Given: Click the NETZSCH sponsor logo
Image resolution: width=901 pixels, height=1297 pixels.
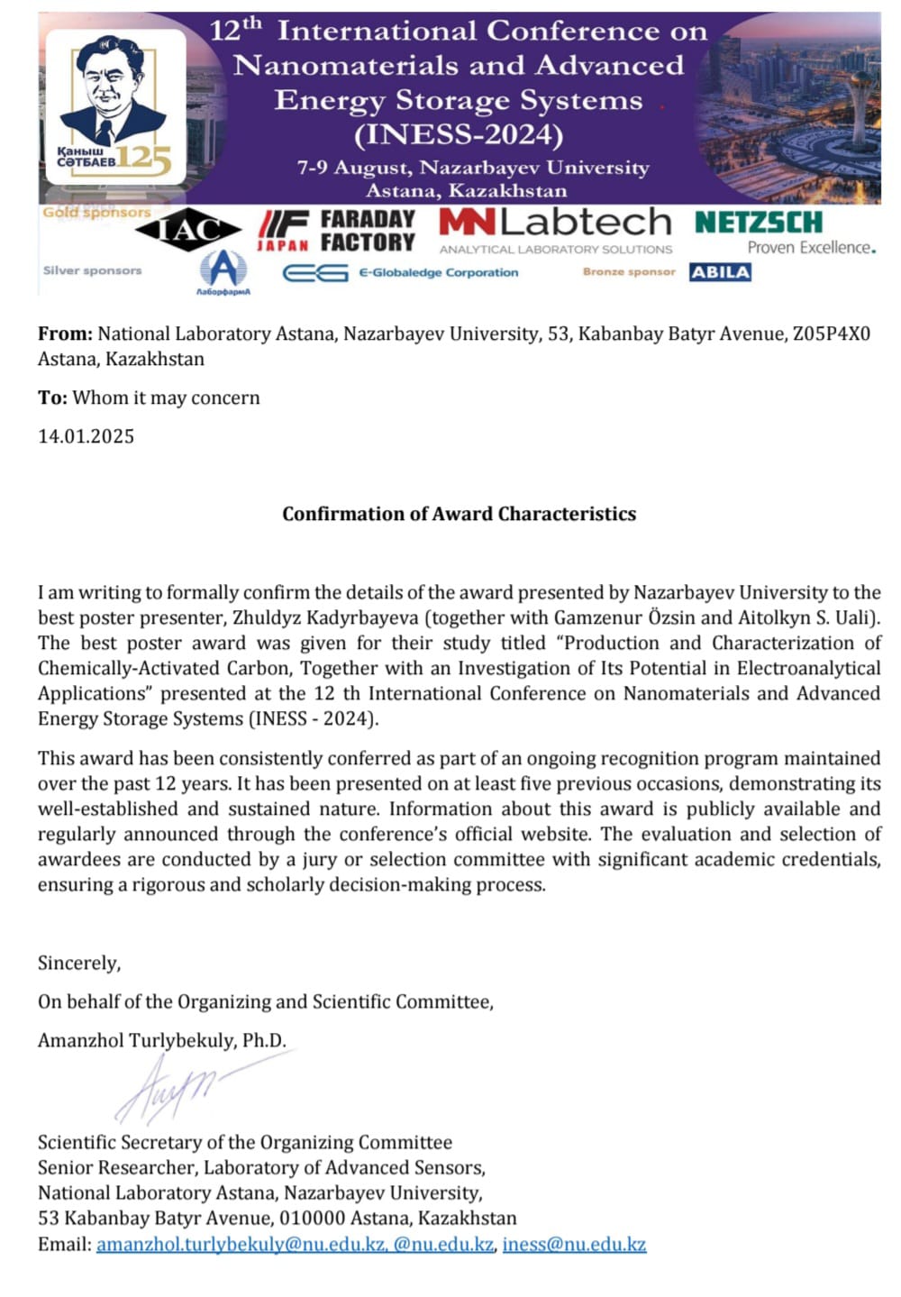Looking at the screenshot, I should pyautogui.click(x=759, y=223).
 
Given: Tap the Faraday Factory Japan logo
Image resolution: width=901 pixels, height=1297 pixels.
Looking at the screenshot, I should pyautogui.click(x=336, y=231).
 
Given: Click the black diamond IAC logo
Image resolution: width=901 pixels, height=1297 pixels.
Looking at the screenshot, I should pyautogui.click(x=188, y=230).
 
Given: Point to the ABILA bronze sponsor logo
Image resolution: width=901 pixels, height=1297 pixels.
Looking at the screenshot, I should pyautogui.click(x=720, y=272).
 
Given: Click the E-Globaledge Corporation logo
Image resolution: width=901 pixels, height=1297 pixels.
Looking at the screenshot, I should pyautogui.click(x=401, y=272).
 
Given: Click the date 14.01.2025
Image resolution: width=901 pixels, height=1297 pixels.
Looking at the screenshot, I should pyautogui.click(x=86, y=436).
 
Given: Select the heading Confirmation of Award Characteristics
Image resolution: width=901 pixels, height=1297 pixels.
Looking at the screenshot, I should pyautogui.click(x=459, y=514).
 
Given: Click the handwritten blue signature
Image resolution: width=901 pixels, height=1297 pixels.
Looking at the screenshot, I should pyautogui.click(x=171, y=1089).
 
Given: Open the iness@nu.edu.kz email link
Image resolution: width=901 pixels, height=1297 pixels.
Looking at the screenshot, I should pyautogui.click(x=574, y=1244).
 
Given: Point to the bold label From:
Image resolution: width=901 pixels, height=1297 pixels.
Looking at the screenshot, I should pyautogui.click(x=65, y=333).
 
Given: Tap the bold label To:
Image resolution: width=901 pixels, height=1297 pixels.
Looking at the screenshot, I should pyautogui.click(x=52, y=397).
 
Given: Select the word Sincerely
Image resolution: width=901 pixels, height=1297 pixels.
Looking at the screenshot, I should pyautogui.click(x=78, y=963).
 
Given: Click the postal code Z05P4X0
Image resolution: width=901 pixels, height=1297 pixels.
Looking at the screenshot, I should pyautogui.click(x=831, y=333).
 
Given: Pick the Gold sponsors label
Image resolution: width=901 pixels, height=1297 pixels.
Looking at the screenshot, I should pyautogui.click(x=96, y=213).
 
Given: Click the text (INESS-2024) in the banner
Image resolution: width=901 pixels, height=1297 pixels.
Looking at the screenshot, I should pyautogui.click(x=459, y=135).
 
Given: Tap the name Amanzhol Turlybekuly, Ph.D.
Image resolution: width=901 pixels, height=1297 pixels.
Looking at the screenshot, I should pyautogui.click(x=162, y=1040).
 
